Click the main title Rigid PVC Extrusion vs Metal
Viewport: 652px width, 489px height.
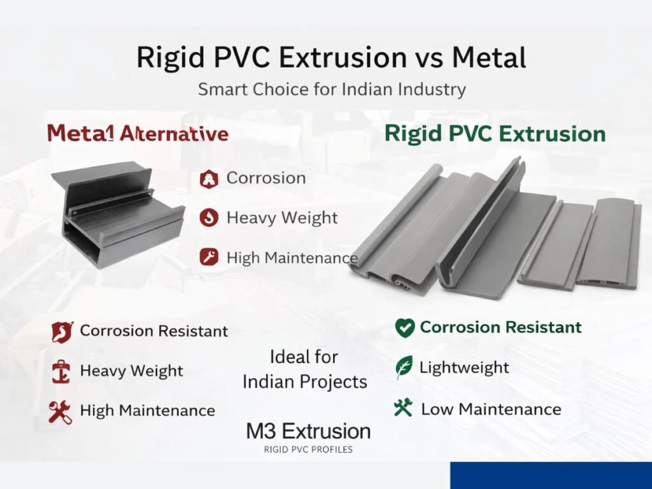331,57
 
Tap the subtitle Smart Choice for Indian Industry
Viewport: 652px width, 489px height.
332,89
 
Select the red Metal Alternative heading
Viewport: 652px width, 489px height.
138,134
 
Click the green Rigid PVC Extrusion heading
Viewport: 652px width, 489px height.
495,134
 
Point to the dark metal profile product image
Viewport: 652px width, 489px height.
118,214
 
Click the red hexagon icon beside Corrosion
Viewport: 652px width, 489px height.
209,179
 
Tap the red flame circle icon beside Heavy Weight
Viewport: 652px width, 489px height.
209,218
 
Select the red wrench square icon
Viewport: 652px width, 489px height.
209,257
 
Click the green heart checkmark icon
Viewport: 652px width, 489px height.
404,328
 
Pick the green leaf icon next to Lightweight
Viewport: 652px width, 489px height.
404,367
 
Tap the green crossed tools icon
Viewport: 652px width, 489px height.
403,407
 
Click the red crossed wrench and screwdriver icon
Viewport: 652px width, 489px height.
60,412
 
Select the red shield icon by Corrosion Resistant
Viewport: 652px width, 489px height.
62,332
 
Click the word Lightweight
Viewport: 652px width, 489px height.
464,367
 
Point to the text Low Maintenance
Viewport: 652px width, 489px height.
491,409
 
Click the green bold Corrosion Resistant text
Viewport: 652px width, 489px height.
500,327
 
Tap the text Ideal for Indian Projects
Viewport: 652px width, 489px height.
305,369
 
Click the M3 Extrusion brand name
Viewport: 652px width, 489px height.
308,431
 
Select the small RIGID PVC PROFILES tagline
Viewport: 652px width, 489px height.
308,450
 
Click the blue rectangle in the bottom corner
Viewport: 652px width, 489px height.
551,475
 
